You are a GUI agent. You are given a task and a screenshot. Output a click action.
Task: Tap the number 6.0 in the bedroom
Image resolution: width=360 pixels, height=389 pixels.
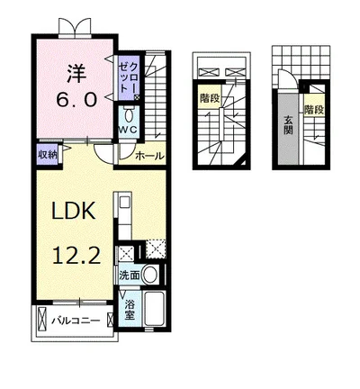(x=77, y=100)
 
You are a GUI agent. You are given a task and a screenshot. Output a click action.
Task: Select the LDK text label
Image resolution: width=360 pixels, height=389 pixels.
(x=74, y=211)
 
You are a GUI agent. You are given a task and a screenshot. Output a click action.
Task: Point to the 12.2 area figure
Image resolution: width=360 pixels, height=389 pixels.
(x=76, y=256)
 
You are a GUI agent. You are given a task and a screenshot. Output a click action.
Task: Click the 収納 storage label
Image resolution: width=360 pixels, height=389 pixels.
(x=47, y=155)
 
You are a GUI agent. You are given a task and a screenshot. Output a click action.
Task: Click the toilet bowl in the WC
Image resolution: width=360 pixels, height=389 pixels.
(x=130, y=114)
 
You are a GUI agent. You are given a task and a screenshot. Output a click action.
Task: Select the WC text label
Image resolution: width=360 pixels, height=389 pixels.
(x=129, y=130)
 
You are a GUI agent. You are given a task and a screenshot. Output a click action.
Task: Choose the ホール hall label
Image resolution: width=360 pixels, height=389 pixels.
(x=149, y=156)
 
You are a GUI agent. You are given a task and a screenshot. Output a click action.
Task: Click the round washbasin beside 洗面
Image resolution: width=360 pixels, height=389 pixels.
(x=149, y=275)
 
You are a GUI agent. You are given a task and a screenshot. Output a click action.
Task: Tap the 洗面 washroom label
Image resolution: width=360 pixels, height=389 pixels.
(x=130, y=276)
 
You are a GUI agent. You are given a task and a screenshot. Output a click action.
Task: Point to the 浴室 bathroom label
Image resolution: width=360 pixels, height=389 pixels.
(x=130, y=310)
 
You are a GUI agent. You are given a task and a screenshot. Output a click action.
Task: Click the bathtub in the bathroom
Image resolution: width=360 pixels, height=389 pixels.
(x=154, y=309)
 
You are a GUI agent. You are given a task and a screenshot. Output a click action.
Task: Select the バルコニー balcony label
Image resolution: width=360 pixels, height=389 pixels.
(x=76, y=321)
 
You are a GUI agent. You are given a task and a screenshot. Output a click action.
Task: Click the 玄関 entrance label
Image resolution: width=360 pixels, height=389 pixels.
(x=288, y=125)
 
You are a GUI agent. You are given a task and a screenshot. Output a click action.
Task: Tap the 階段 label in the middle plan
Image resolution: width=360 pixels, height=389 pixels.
(x=211, y=98)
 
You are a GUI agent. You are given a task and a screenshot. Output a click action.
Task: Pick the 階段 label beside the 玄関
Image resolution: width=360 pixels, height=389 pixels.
(x=314, y=110)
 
